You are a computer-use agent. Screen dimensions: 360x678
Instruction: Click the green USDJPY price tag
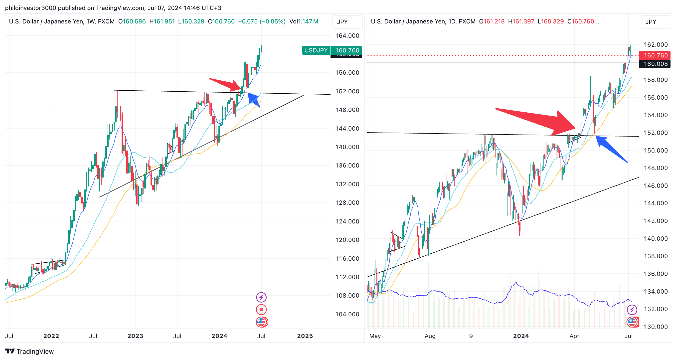pyautogui.click(x=316, y=50)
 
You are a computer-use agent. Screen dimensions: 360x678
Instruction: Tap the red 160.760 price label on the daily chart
pyautogui.click(x=655, y=55)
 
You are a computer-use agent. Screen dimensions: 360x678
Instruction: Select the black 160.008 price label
pyautogui.click(x=655, y=64)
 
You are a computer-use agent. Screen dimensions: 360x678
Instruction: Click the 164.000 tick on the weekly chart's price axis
pyautogui.click(x=347, y=35)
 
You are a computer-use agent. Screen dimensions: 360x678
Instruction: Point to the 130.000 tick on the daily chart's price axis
pyautogui.click(x=655, y=326)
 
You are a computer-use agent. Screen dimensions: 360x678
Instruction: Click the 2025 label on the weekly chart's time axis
pyautogui.click(x=305, y=336)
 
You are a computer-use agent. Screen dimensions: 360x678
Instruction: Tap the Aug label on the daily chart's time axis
pyautogui.click(x=430, y=336)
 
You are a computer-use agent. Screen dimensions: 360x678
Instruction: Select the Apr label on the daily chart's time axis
pyautogui.click(x=574, y=336)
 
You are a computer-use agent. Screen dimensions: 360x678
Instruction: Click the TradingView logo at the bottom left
pyautogui.click(x=29, y=351)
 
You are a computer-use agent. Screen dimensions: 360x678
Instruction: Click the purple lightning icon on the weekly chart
pyautogui.click(x=261, y=297)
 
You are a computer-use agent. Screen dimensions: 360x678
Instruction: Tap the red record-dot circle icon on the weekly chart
pyautogui.click(x=261, y=310)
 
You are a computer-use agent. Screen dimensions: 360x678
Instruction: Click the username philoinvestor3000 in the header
pyautogui.click(x=30, y=8)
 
